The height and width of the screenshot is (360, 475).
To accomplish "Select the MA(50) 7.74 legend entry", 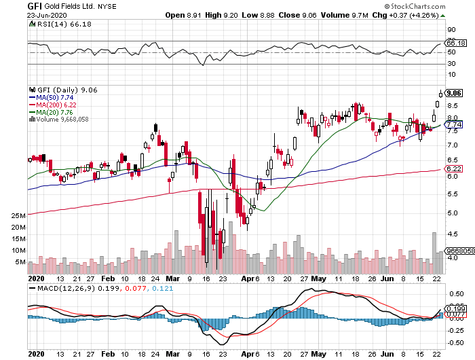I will click(57, 98).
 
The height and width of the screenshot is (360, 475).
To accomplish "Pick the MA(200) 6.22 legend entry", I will click(59, 105).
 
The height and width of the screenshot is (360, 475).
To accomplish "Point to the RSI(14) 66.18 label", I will click(54, 24).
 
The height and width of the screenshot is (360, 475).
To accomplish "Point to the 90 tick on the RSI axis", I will click(451, 30).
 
